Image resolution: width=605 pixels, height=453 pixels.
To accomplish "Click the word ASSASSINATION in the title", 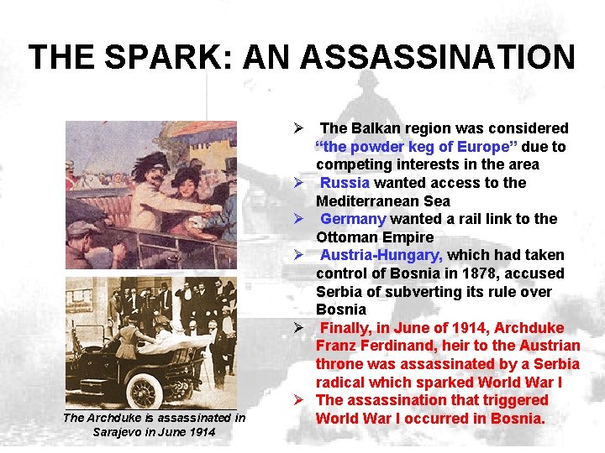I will pos(437,57).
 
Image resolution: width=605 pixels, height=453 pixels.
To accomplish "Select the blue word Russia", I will pos(345,183).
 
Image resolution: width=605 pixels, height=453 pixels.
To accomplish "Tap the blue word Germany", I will pos(352,219).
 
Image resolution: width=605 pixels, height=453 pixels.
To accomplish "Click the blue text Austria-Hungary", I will pos(381,255).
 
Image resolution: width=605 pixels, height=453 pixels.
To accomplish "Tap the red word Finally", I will pos(345,327).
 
